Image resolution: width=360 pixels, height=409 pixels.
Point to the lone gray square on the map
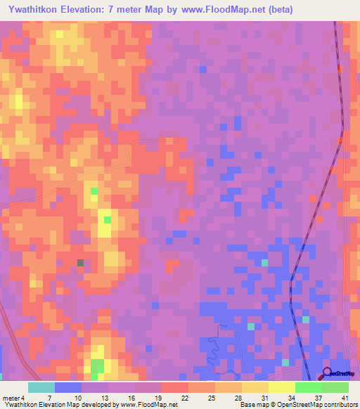(x=81, y=263)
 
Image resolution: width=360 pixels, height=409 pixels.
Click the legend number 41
(x=345, y=397)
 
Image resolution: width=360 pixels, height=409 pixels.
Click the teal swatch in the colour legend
(x=41, y=387)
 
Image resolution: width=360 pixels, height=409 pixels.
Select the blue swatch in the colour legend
(x=68, y=387)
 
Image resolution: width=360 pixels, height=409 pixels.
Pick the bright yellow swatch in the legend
(x=282, y=387)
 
